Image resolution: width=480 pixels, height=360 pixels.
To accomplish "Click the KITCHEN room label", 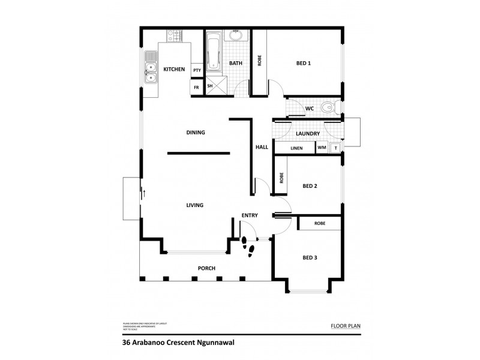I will pos(175,70).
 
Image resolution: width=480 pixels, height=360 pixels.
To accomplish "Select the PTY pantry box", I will pos(197,71).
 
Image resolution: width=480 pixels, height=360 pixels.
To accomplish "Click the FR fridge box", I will pos(196,87).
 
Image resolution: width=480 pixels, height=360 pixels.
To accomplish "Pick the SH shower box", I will pos(210,86).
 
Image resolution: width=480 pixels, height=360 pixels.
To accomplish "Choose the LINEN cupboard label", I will pos(296,148).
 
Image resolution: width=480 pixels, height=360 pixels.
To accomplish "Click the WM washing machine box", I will pos(322,148).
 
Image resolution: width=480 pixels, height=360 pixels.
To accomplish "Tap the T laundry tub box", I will pos(335,148).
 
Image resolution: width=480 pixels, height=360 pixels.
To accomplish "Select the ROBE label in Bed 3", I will pos(319,223).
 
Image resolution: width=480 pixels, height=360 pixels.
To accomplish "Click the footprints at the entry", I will pos(248,246).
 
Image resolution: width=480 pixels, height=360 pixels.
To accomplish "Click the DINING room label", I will pos(196,133).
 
